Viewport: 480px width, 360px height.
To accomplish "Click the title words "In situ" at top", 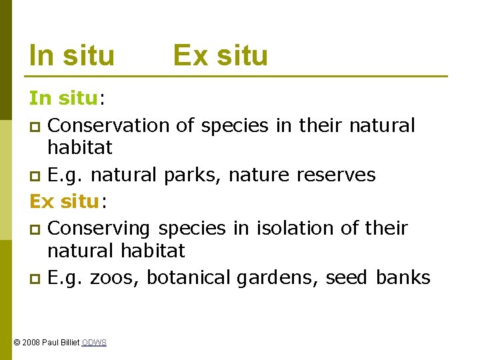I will pos(72,55).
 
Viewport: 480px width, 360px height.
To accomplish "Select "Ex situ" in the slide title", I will pos(220,55).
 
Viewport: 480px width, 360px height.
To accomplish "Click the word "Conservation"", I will pos(109,125).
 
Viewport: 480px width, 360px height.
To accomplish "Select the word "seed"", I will pos(346,277).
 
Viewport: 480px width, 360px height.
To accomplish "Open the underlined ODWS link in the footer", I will pos(94,343).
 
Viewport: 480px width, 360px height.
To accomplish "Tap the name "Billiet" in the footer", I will pos(69,343).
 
